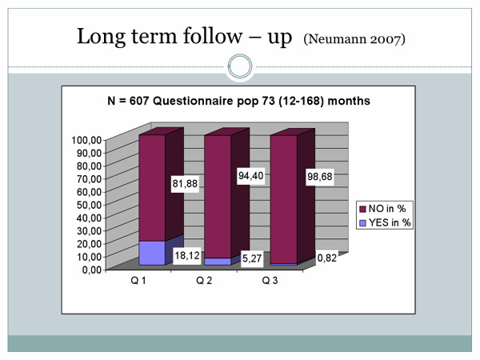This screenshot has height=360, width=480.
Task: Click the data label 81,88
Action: pos(185,184)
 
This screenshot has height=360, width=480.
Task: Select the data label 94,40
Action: pos(250,176)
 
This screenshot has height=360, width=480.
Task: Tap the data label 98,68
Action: pos(320,177)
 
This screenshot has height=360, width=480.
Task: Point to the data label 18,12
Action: pos(187,255)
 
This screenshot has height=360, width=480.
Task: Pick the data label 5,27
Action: pos(252,258)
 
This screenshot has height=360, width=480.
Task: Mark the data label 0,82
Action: pos(327,258)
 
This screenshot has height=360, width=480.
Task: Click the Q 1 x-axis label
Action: pos(138,281)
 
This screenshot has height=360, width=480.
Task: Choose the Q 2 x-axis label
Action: pos(204,281)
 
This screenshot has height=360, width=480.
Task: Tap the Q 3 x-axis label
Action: pos(270,281)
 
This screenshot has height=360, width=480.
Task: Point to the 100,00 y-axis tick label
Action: pos(86,140)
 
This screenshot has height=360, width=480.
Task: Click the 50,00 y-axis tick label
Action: pos(89,205)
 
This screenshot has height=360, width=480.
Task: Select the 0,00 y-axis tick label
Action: pos(92,270)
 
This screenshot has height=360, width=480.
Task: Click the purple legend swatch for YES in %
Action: pos(362,223)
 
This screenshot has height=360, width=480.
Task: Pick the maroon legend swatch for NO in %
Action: pos(362,209)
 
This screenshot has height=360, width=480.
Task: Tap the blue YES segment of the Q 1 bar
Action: pos(152,253)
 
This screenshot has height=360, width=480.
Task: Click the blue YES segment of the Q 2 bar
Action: pos(218,262)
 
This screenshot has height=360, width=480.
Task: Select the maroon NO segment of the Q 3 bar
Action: pos(284,199)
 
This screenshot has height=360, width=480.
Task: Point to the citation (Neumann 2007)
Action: pos(354,39)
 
